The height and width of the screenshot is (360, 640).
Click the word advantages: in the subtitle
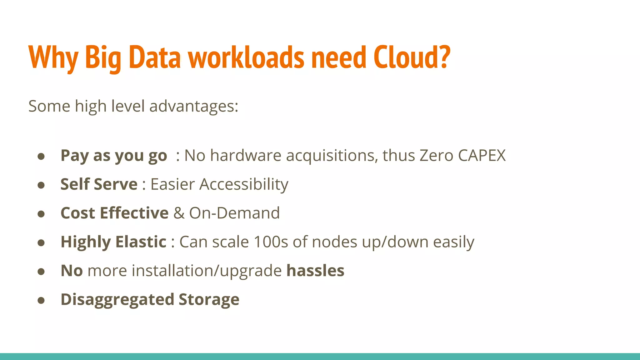point(194,107)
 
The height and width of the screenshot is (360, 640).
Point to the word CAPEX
point(482,155)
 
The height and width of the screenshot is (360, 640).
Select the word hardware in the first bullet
point(246,155)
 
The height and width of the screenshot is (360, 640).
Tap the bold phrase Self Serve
point(99,184)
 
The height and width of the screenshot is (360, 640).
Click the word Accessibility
point(244,185)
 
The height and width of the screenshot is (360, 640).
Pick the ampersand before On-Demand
point(179,213)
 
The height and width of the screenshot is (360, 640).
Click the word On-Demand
point(234,213)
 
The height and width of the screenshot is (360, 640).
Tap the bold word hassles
point(315,271)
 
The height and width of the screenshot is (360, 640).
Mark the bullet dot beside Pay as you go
point(41,156)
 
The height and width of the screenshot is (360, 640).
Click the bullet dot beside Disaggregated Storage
point(41,300)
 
